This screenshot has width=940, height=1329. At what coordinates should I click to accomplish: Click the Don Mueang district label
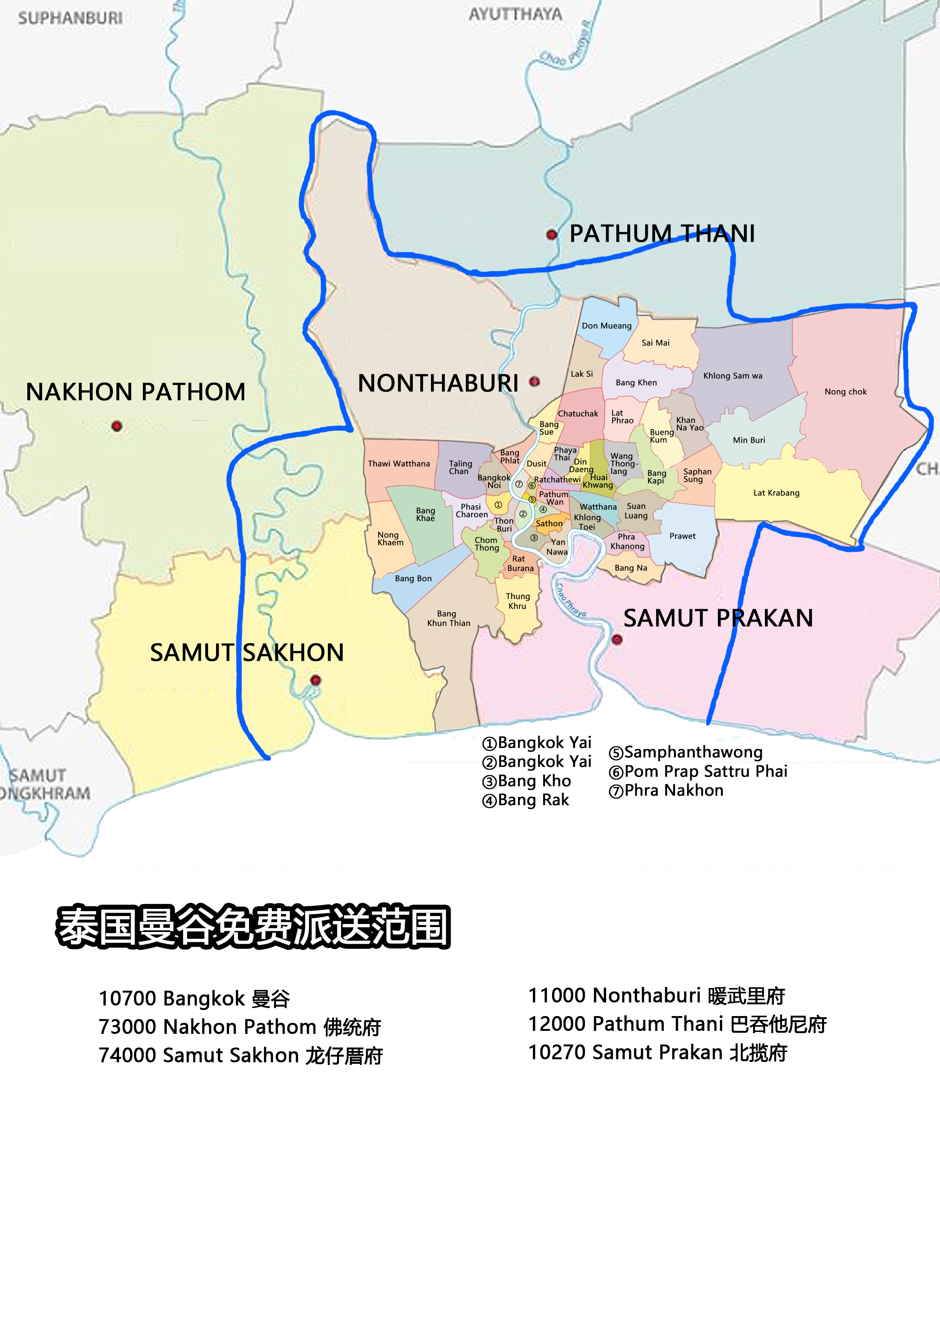(606, 326)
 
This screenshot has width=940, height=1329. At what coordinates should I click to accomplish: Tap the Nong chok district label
(846, 392)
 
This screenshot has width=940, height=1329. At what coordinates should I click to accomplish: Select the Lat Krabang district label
(776, 493)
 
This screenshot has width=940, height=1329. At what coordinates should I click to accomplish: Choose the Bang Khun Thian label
(449, 618)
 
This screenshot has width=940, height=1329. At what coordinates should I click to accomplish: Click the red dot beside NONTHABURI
(534, 382)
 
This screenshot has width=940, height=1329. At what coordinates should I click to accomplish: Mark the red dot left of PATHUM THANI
(551, 235)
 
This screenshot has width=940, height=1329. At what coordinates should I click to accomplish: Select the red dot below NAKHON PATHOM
(116, 426)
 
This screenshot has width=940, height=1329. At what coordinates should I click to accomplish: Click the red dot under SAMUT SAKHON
(315, 680)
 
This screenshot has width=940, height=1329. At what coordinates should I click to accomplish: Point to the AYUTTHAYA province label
(515, 14)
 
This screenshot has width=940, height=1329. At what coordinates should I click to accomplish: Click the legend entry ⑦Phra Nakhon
(666, 791)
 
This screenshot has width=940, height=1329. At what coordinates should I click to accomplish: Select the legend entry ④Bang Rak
(526, 801)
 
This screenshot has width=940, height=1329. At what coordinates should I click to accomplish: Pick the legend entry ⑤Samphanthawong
(686, 752)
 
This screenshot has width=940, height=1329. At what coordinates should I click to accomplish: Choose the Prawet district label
(682, 536)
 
